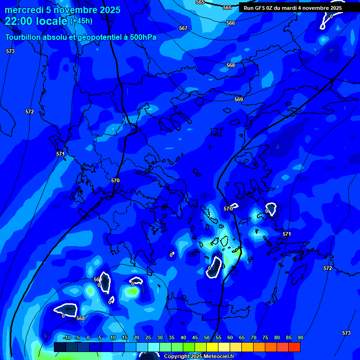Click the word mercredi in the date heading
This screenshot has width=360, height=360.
[x=22, y=10]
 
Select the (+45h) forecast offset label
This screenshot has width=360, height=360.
[x=81, y=21]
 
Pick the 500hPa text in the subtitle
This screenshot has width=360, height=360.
[x=142, y=37]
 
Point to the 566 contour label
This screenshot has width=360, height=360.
[x=231, y=23]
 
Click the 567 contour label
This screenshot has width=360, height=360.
[x=183, y=28]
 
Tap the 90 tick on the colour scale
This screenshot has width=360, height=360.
[x=300, y=337]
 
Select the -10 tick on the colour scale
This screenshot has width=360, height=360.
[x=67, y=337]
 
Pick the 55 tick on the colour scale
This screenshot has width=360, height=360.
[x=218, y=337]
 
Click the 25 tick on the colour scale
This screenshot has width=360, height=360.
[x=148, y=337]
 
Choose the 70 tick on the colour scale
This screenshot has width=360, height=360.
[x=254, y=337]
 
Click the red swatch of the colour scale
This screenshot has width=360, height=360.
[x=294, y=347]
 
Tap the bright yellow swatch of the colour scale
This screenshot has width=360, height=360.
[x=212, y=347]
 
